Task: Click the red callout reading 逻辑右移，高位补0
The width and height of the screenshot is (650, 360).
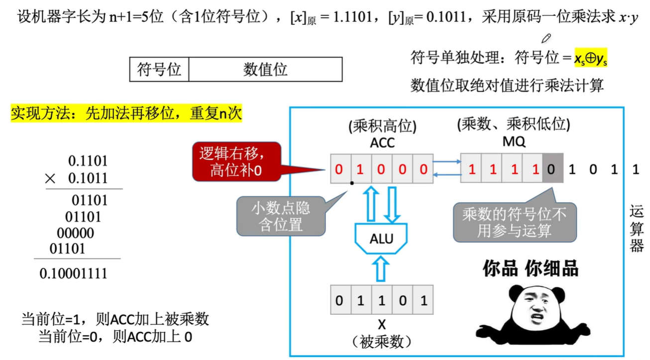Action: tap(236, 162)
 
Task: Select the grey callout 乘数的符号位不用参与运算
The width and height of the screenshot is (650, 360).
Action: tap(514, 223)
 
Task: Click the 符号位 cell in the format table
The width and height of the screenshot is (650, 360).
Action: tap(159, 69)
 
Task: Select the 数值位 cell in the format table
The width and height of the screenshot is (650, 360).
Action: tap(265, 69)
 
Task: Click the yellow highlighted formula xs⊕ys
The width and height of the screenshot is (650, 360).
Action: tap(591, 59)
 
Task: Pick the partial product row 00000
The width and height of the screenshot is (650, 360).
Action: tap(75, 233)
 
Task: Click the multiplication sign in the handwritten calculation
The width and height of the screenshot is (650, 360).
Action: tap(50, 178)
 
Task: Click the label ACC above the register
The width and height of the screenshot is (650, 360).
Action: tap(382, 143)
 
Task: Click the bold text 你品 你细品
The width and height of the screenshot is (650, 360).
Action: tap(531, 268)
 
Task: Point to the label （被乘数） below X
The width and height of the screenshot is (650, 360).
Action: tap(382, 342)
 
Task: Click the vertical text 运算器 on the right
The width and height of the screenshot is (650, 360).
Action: tap(637, 230)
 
